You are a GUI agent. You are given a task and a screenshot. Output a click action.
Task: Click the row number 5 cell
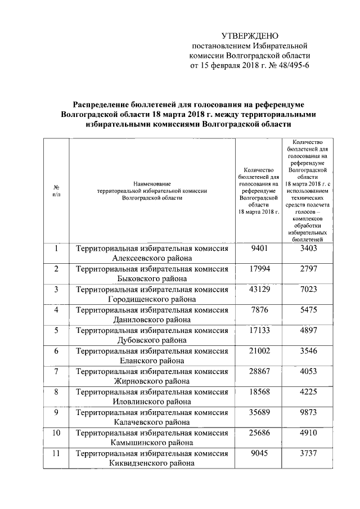pos(57,330)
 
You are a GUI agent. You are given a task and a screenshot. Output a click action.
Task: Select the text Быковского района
pos(152,279)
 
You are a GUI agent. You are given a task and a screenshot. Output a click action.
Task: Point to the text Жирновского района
pos(152,381)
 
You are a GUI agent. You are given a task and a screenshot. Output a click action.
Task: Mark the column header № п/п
pos(57,190)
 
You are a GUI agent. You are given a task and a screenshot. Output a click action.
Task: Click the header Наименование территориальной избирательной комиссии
pos(152,191)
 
